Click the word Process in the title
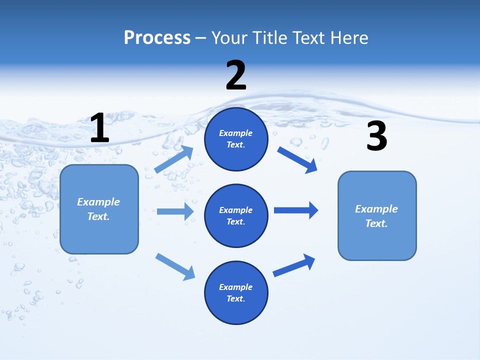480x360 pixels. pos(157,38)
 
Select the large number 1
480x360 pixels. pos(99,128)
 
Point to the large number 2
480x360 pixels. pos(236,75)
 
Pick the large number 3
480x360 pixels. pos(376,136)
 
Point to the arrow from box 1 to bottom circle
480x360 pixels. pos(175,266)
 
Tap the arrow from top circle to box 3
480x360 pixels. pos(297,160)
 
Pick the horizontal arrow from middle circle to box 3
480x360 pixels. pos(296,210)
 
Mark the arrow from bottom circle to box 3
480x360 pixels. pos(294,265)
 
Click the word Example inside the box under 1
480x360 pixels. pos(98,202)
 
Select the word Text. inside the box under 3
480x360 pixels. pos(376,223)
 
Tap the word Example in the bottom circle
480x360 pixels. pos(236,287)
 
